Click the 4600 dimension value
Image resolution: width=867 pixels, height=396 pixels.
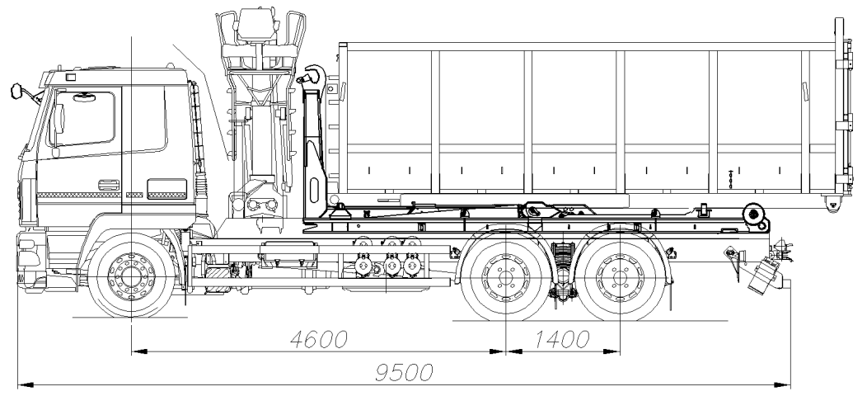click(x=319, y=339)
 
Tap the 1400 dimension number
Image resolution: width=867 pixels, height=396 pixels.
click(x=562, y=339)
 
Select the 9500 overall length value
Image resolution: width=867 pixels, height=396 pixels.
click(x=404, y=372)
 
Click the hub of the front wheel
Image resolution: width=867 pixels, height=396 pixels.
click(x=131, y=275)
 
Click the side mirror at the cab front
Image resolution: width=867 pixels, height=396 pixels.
click(x=16, y=91)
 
